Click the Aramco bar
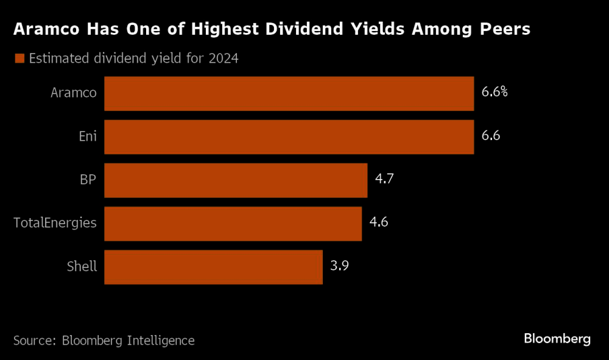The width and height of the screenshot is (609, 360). (289, 94)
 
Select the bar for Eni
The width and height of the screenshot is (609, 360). (289, 137)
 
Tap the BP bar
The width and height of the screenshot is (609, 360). (236, 180)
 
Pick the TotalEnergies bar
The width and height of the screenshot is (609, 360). (233, 224)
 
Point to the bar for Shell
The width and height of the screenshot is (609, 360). (213, 267)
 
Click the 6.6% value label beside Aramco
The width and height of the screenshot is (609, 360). (494, 93)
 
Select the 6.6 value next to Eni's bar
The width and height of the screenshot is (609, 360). (490, 136)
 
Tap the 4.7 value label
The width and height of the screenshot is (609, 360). (384, 179)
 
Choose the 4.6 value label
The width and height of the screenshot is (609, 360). (379, 222)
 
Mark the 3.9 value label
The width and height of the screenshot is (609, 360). (339, 266)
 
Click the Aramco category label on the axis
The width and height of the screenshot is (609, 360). (74, 93)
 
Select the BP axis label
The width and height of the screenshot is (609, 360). (87, 180)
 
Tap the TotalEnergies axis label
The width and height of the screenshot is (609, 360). (55, 223)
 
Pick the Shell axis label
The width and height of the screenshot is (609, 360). (82, 266)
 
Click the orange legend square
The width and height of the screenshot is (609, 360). (18, 58)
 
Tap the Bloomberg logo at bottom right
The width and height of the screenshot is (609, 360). (557, 339)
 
